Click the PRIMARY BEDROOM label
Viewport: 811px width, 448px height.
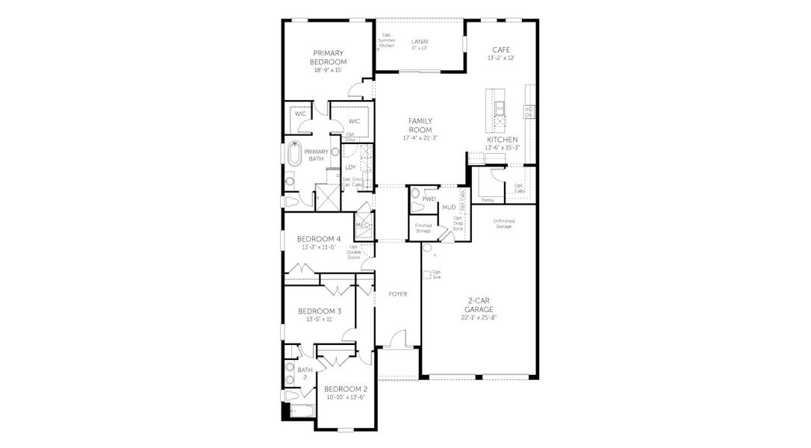tap(328, 57)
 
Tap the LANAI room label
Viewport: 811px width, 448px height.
tap(419, 41)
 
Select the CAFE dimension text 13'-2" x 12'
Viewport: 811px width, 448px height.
tap(500, 57)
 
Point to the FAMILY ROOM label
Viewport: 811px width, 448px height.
tap(420, 125)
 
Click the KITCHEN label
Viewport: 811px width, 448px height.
tap(502, 140)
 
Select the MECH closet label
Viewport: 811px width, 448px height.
tap(363, 225)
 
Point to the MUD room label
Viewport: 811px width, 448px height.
tap(449, 207)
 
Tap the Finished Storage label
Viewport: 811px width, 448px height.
tap(423, 228)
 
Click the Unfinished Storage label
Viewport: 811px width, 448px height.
tap(503, 223)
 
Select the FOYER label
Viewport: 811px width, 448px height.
tap(397, 294)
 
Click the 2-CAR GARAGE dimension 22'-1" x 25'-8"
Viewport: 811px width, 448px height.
tap(479, 317)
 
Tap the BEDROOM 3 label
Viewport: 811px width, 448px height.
tap(319, 311)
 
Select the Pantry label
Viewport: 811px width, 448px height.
tap(488, 200)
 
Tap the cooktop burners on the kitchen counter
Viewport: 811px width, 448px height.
tap(529, 112)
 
